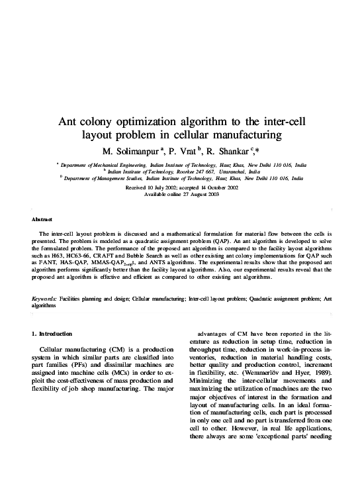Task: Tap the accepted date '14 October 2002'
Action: coord(221,188)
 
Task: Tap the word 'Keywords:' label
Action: coord(44,299)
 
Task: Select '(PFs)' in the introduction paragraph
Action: coord(89,366)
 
